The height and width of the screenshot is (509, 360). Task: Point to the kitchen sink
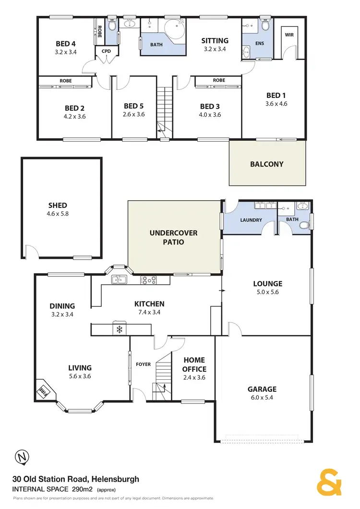point(118,279)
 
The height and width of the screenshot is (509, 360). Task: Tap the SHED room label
point(58,206)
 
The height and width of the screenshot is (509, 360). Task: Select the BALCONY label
point(267,164)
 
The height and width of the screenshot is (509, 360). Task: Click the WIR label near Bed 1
point(289,35)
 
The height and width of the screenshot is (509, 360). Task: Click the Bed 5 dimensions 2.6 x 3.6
point(134,115)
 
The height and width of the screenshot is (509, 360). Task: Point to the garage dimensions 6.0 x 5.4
point(262,398)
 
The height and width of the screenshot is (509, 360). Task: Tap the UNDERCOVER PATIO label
point(173,238)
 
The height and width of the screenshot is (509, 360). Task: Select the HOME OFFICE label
point(194,364)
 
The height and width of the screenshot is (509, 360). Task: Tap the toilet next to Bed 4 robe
point(111,26)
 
